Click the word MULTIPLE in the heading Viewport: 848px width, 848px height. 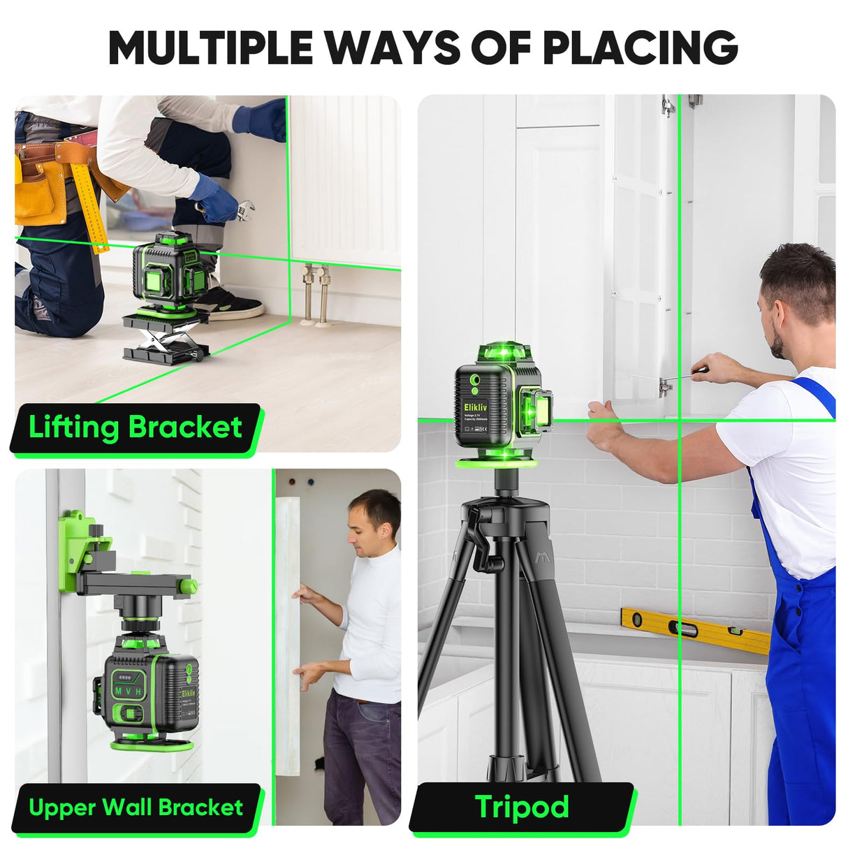[x=210, y=47]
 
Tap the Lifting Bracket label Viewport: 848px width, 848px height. [x=136, y=427]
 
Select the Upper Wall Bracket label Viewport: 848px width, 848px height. [x=136, y=807]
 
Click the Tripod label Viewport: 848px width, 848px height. [x=522, y=807]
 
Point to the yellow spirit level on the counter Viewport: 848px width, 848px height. [x=695, y=629]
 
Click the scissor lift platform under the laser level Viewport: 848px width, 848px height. [x=166, y=337]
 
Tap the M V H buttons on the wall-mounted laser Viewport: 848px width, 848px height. [x=129, y=691]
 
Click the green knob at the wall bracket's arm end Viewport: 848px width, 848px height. [x=188, y=585]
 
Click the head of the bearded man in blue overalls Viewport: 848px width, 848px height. [x=796, y=293]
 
